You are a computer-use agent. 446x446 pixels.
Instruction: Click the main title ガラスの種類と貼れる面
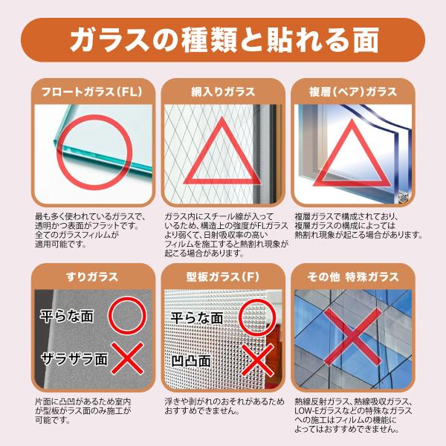click(x=224, y=40)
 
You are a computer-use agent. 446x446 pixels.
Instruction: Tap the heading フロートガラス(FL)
click(x=92, y=91)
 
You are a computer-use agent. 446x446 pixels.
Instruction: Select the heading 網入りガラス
click(x=223, y=91)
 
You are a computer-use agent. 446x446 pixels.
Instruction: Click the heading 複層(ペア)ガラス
click(x=353, y=91)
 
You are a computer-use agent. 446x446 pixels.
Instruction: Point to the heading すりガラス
click(x=92, y=277)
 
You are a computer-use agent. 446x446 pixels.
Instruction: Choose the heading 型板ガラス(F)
click(x=223, y=277)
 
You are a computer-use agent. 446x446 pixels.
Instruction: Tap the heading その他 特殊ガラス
click(x=353, y=277)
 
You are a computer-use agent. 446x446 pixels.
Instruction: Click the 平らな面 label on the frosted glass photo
click(x=67, y=317)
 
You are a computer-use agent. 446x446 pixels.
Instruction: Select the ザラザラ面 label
click(x=74, y=359)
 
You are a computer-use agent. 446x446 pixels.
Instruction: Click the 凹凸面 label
click(x=191, y=361)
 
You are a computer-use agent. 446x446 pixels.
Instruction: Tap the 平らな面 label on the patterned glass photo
click(x=197, y=317)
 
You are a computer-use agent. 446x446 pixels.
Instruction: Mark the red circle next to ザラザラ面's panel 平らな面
click(x=127, y=315)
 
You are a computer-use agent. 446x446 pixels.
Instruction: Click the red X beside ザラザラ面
click(x=127, y=358)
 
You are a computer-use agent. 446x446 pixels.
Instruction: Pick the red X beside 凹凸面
click(x=257, y=360)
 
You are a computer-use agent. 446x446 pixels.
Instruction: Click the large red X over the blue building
click(x=352, y=337)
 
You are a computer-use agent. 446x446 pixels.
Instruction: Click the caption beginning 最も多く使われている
click(x=90, y=230)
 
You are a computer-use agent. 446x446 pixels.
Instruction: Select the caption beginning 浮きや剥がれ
click(x=224, y=406)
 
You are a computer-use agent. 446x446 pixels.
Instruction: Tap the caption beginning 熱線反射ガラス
click(x=353, y=416)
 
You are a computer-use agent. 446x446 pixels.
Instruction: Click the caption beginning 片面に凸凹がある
click(x=83, y=411)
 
